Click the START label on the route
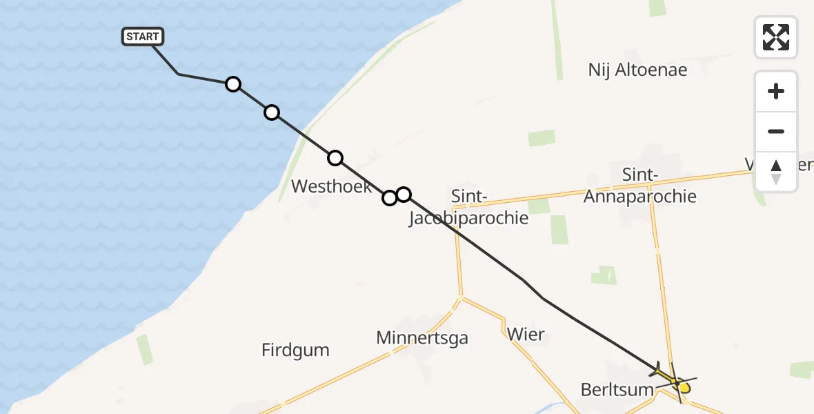tap(143, 37)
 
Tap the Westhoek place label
tap(332, 186)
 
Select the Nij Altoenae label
tap(638, 70)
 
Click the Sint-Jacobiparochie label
tap(469, 208)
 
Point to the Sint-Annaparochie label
tap(639, 186)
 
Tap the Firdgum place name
tap(295, 350)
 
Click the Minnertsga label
tap(422, 337)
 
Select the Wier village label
tap(526, 335)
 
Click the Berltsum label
tap(617, 389)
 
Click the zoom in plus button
tap(776, 91)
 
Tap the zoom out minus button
tap(776, 131)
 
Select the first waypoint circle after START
tap(233, 84)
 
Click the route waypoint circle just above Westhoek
tap(335, 158)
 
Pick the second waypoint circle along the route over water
tap(272, 112)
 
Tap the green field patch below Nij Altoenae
tap(542, 138)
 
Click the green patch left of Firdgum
tap(145, 349)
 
